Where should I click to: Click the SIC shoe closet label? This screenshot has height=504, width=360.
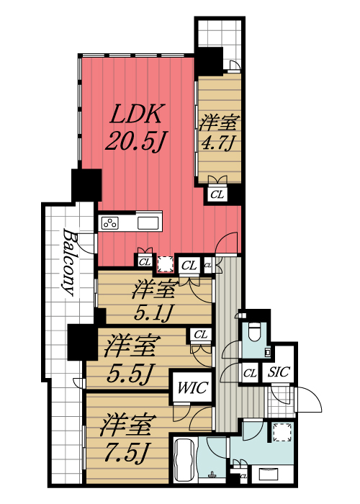click(278, 373)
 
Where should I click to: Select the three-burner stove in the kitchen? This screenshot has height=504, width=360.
click(111, 222)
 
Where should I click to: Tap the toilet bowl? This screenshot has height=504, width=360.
click(254, 332)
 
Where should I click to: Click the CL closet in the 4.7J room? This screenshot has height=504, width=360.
click(217, 193)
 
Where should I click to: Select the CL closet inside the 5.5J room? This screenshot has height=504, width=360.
click(200, 335)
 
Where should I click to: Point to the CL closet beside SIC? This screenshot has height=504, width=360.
click(250, 373)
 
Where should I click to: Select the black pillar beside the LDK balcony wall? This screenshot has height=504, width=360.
click(86, 185)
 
